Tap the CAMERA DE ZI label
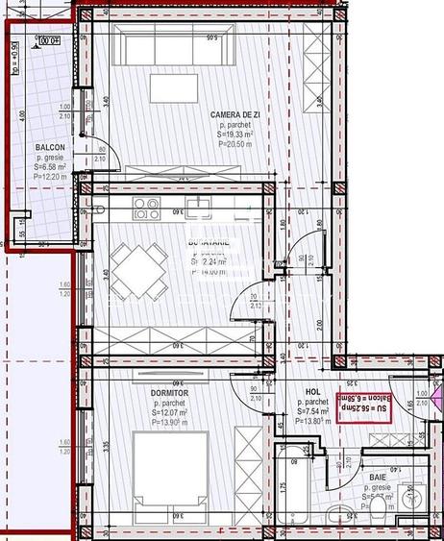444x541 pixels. pyautogui.click(x=237, y=115)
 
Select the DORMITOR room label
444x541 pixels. pyautogui.click(x=169, y=393)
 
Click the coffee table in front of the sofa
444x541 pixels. pyautogui.click(x=174, y=87)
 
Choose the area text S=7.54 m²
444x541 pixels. pyautogui.click(x=311, y=412)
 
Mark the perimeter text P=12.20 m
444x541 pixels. pyautogui.click(x=49, y=178)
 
